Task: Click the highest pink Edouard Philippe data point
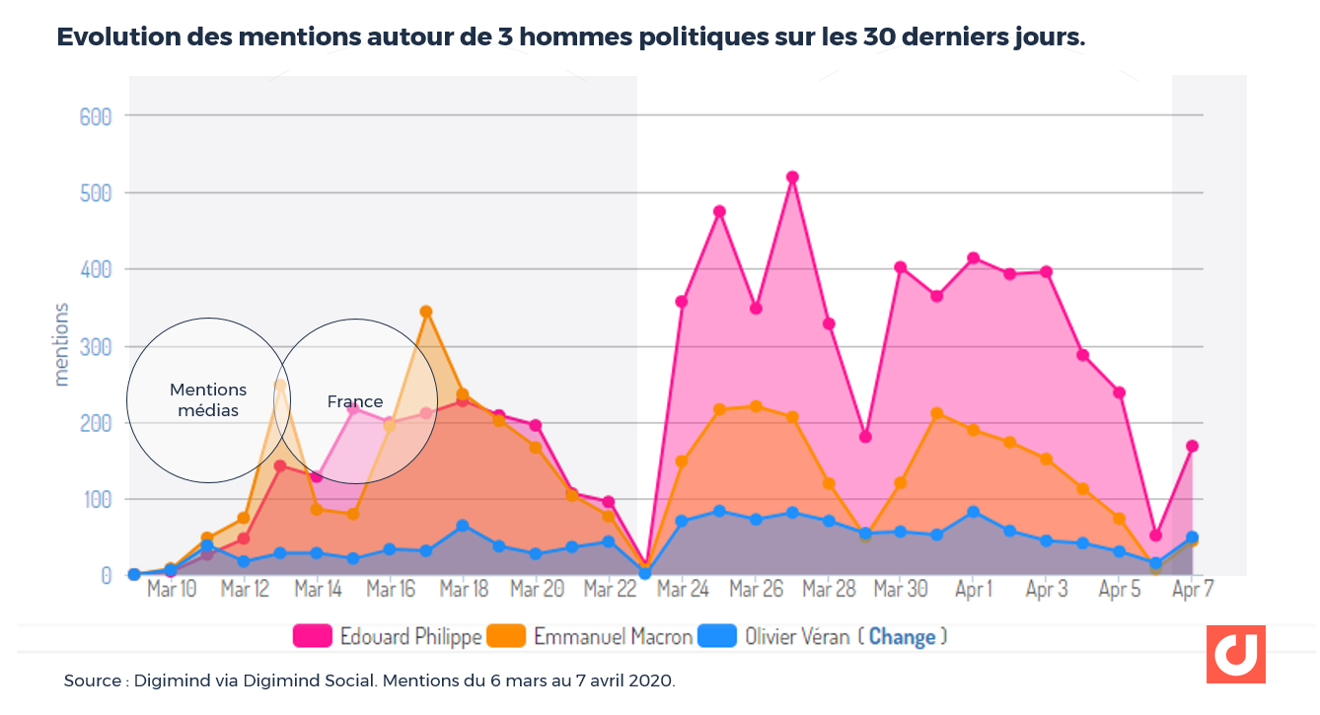pos(792,178)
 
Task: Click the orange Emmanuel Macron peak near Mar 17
pos(426,312)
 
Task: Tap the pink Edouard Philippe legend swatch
pos(312,636)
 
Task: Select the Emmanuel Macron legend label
pos(613,636)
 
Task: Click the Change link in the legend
pos(902,636)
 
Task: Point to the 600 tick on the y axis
pos(96,116)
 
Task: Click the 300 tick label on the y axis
pos(96,346)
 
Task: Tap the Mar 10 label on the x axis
pos(172,590)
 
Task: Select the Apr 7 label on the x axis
pos(1193,590)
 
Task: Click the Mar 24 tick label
pos(683,590)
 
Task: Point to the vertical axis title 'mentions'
pos(61,344)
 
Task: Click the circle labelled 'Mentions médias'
pos(208,400)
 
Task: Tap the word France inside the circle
pos(355,401)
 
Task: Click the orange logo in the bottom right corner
pos(1235,654)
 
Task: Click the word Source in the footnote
pos(92,681)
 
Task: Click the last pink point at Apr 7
pos(1193,447)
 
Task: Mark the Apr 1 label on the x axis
pos(974,590)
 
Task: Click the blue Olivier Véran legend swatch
pos(717,636)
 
